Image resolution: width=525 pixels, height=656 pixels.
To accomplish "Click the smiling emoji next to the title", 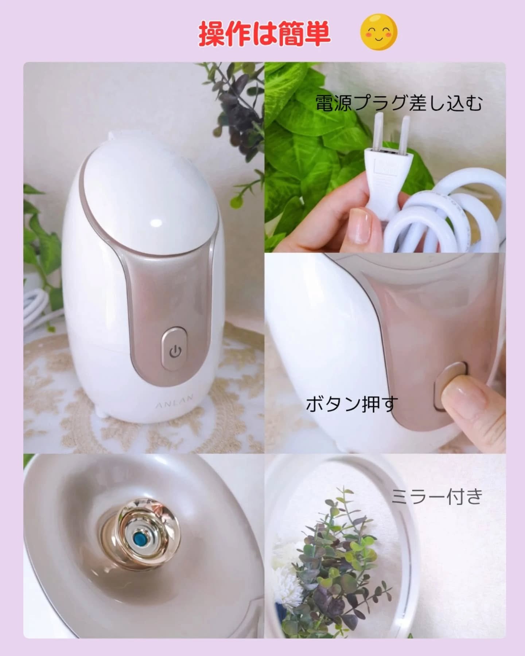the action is [x=379, y=32].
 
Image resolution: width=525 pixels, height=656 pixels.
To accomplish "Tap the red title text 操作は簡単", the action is [x=265, y=34].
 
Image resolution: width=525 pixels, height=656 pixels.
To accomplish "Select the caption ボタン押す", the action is [x=351, y=404].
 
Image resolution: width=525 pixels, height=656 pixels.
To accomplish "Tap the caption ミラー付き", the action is [x=437, y=496].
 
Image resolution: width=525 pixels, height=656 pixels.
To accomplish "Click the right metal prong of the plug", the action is [x=406, y=133].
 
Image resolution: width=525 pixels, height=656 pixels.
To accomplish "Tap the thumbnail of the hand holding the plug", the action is [x=385, y=157].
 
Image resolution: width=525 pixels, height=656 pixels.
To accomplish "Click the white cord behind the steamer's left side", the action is [x=40, y=312].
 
